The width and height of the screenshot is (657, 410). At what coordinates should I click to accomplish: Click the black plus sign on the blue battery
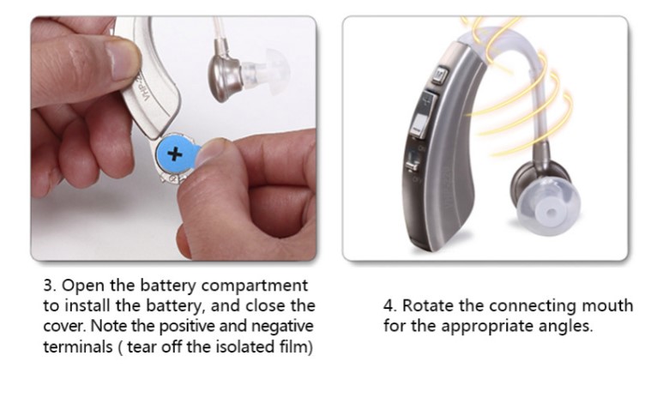[x=175, y=154]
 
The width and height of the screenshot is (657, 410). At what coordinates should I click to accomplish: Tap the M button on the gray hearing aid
[x=439, y=75]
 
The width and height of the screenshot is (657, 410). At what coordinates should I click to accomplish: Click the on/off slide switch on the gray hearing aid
[x=413, y=161]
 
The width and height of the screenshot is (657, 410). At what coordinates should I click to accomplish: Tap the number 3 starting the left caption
[x=48, y=286]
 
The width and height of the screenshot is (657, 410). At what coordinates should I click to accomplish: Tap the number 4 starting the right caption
[x=389, y=306]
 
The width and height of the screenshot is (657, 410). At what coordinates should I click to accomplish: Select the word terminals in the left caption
[x=78, y=347]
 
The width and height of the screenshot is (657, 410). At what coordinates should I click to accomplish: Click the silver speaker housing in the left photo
[x=225, y=75]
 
